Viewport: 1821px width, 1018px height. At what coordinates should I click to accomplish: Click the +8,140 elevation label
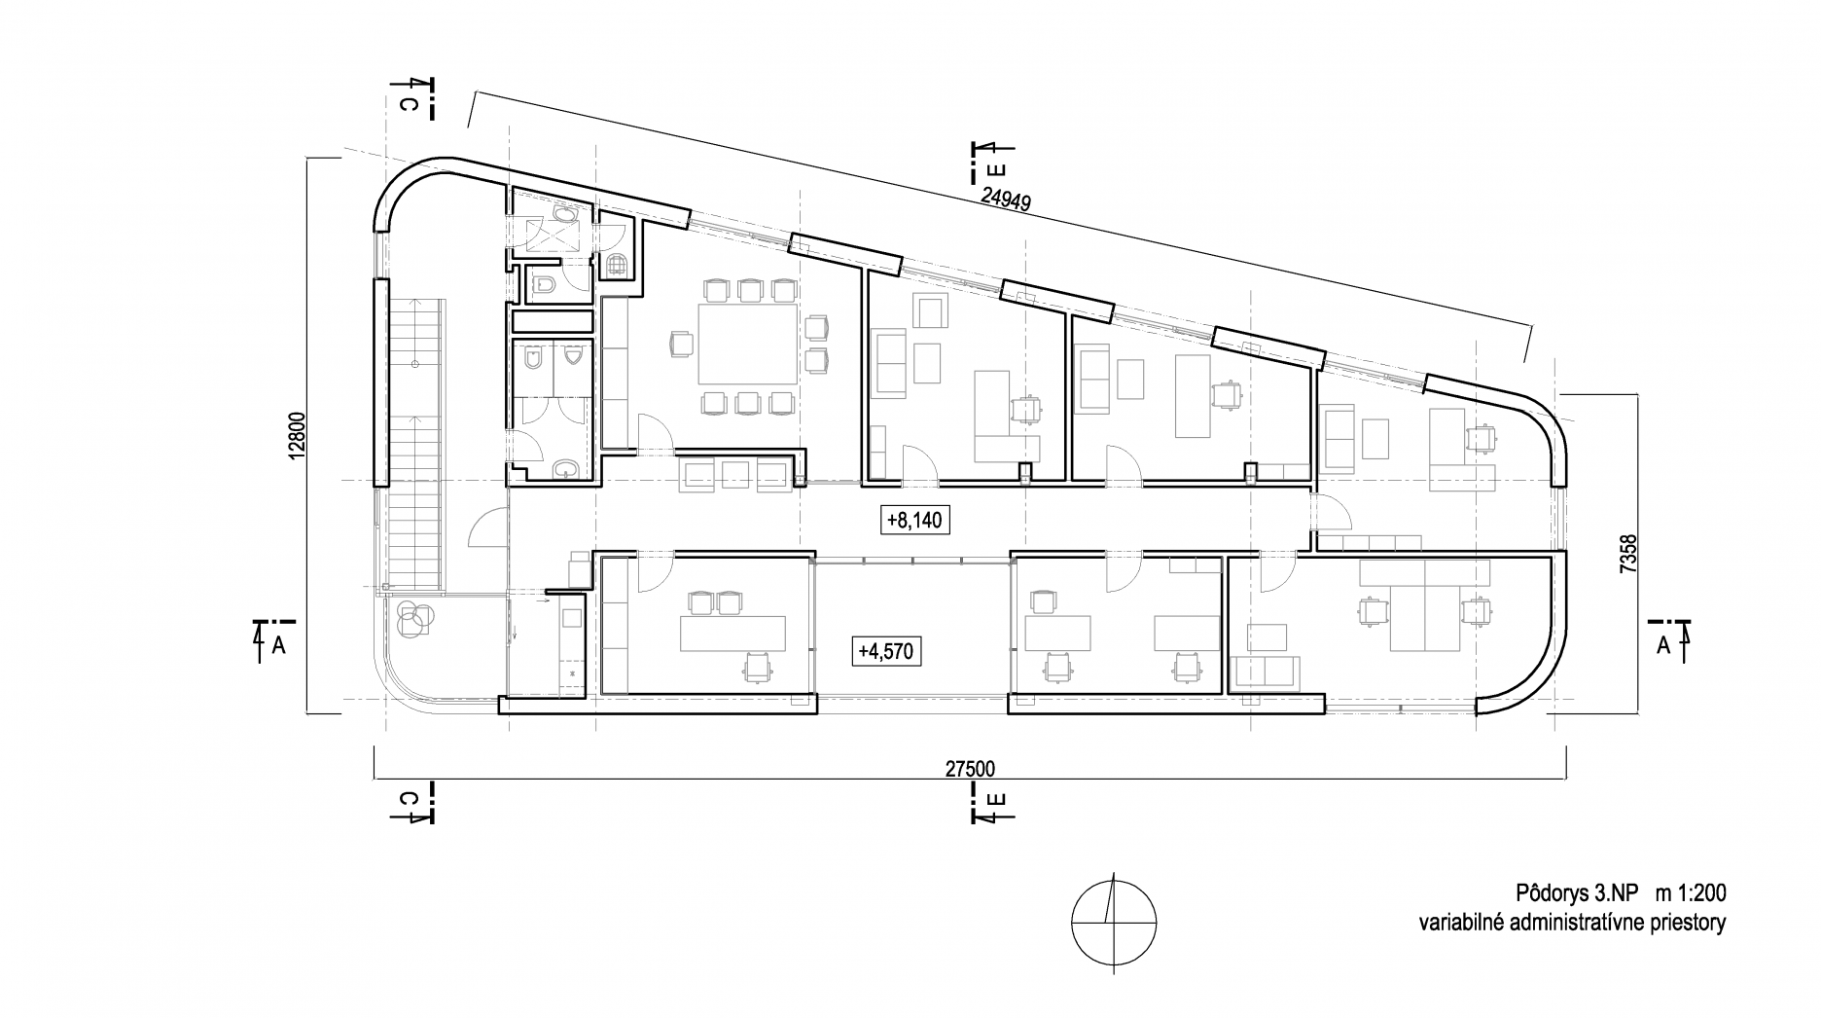913,521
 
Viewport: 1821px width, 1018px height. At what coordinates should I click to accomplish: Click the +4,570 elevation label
885,650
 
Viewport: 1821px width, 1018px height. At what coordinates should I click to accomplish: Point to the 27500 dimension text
970,769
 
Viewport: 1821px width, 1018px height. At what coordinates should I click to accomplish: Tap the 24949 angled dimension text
1006,200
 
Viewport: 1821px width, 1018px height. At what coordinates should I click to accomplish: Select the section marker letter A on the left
278,645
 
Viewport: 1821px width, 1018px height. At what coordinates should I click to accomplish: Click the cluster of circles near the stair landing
413,616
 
